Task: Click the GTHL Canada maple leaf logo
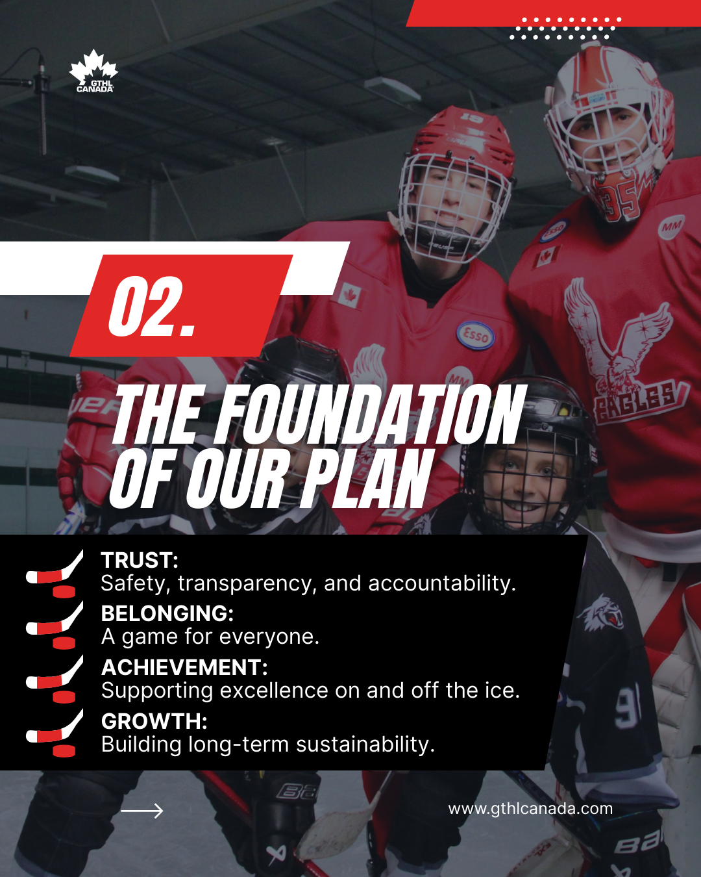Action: tap(93, 71)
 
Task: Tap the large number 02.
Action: tap(151, 306)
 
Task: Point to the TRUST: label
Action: tap(140, 561)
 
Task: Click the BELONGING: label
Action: tap(167, 613)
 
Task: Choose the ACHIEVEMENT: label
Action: tap(184, 667)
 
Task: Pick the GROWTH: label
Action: tap(154, 721)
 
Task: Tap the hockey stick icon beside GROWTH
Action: tap(55, 733)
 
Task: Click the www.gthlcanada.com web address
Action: tap(530, 809)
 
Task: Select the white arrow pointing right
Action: tap(141, 811)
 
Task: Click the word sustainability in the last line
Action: tap(365, 744)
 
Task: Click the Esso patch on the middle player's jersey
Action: tap(475, 336)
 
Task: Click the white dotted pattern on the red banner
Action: tap(565, 28)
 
